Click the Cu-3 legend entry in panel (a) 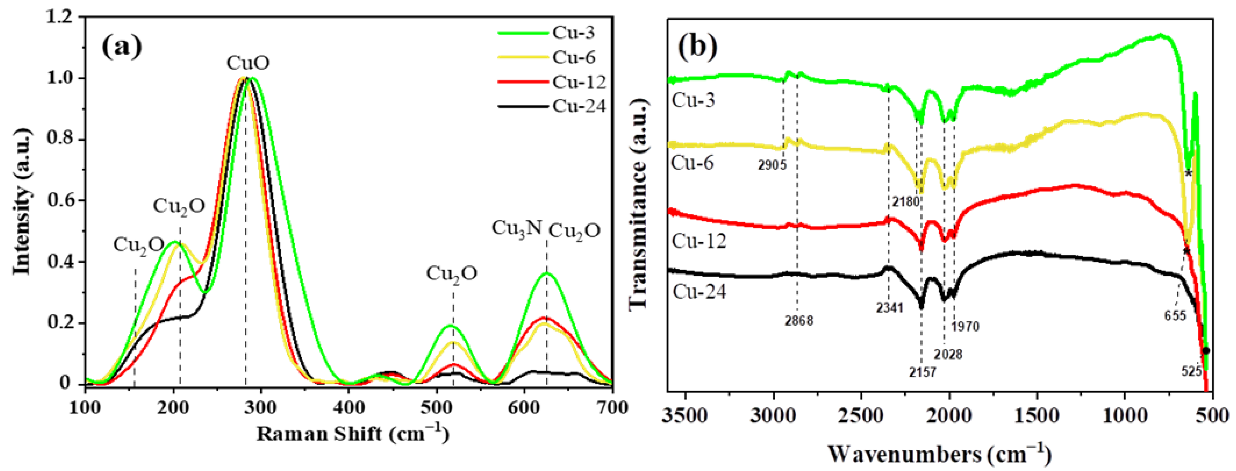tap(573, 33)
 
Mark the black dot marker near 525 tap(1206, 351)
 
